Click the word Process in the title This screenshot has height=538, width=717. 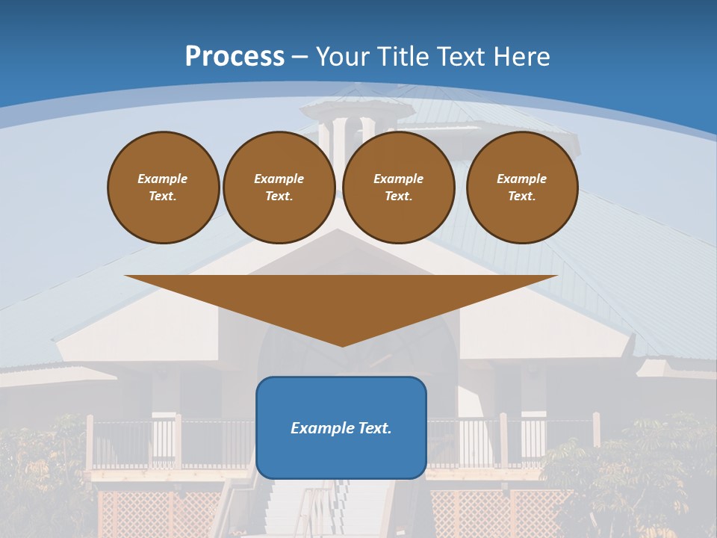(x=235, y=57)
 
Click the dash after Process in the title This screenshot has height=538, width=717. (x=300, y=58)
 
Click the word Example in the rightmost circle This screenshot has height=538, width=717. (x=522, y=179)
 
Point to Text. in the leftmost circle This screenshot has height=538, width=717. (x=163, y=196)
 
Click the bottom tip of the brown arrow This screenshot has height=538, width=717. (x=341, y=344)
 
